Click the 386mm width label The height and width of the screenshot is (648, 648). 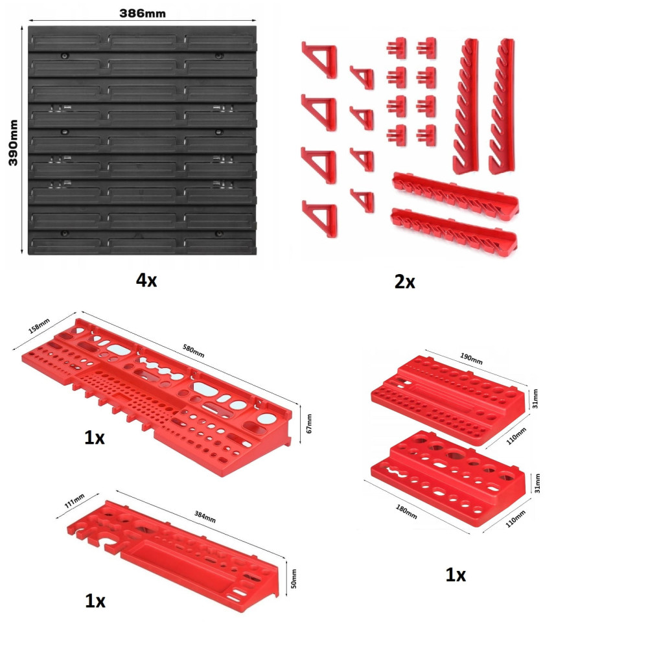click(143, 13)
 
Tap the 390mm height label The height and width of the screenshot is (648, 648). click(13, 143)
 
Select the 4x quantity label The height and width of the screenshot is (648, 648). click(146, 280)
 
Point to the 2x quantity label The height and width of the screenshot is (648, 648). click(404, 282)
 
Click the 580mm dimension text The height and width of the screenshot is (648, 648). click(193, 351)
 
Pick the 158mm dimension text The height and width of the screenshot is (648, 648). click(39, 326)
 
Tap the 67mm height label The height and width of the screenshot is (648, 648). click(309, 424)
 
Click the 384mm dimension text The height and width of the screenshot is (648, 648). click(205, 516)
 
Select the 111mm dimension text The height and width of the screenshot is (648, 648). click(75, 500)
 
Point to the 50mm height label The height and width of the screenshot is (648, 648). click(294, 579)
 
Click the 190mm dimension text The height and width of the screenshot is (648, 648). click(471, 358)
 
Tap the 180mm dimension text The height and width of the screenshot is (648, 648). click(406, 512)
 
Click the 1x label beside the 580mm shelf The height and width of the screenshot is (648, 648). click(94, 437)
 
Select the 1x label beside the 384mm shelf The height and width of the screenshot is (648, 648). click(95, 601)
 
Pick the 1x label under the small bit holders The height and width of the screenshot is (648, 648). click(456, 575)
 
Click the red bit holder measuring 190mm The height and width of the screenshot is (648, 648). click(448, 399)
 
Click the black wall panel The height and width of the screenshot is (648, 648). click(142, 141)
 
